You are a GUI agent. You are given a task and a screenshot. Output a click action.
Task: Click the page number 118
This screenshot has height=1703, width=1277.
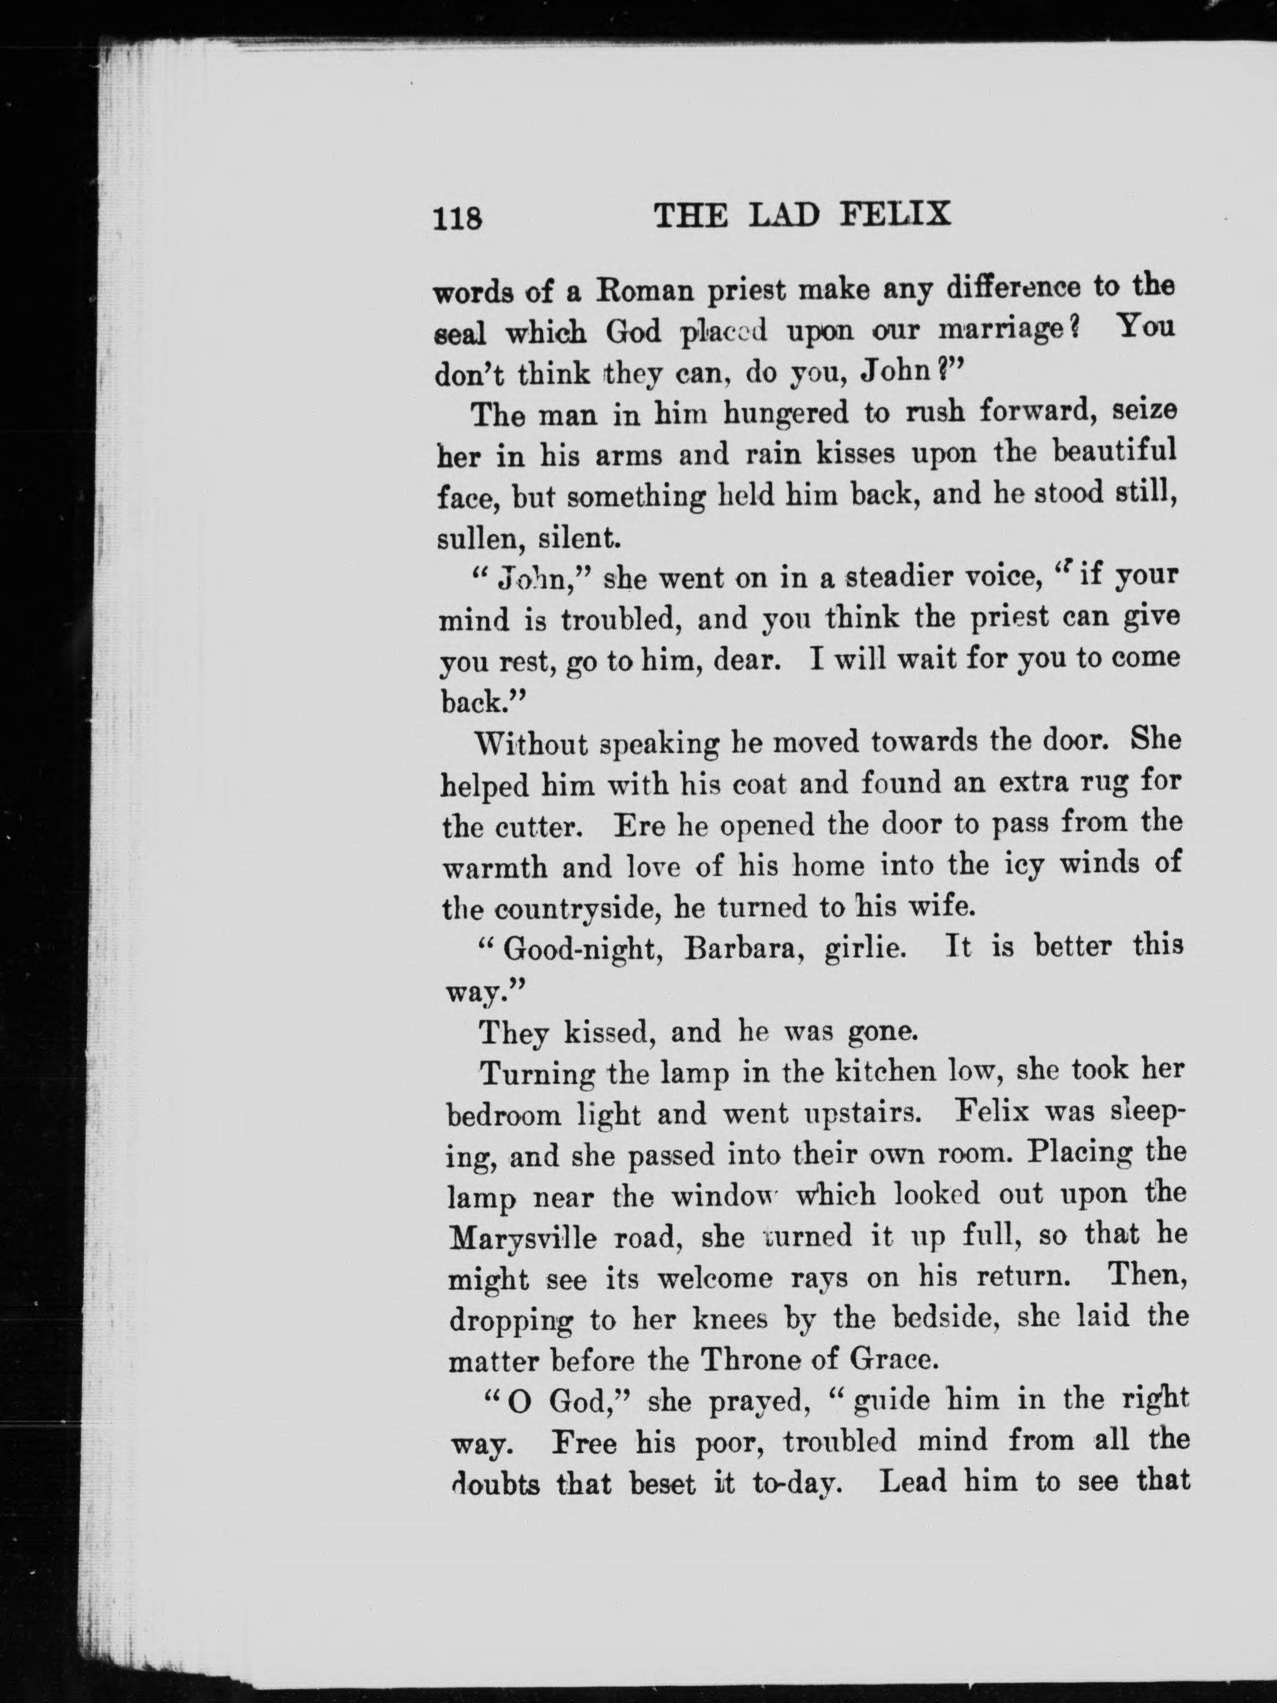click(457, 219)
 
